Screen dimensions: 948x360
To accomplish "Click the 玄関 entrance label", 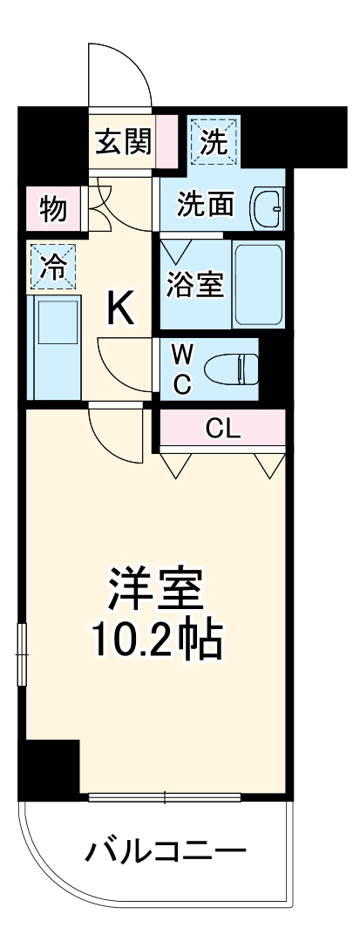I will pyautogui.click(x=122, y=140).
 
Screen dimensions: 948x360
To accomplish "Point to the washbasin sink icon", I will pyautogui.click(x=267, y=207).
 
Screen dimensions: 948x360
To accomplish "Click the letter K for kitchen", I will pyautogui.click(x=120, y=308).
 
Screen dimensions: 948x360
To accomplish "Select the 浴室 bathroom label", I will pyautogui.click(x=196, y=285).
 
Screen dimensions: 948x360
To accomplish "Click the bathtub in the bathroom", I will pyautogui.click(x=258, y=285).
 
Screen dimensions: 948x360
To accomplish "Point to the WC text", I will pyautogui.click(x=181, y=370).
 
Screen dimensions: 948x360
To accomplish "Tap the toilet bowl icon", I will pyautogui.click(x=232, y=369).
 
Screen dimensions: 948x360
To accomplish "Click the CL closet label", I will pyautogui.click(x=223, y=428).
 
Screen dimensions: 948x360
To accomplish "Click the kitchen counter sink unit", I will pyautogui.click(x=54, y=345).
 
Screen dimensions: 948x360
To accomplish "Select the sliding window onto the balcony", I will pyautogui.click(x=165, y=796).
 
